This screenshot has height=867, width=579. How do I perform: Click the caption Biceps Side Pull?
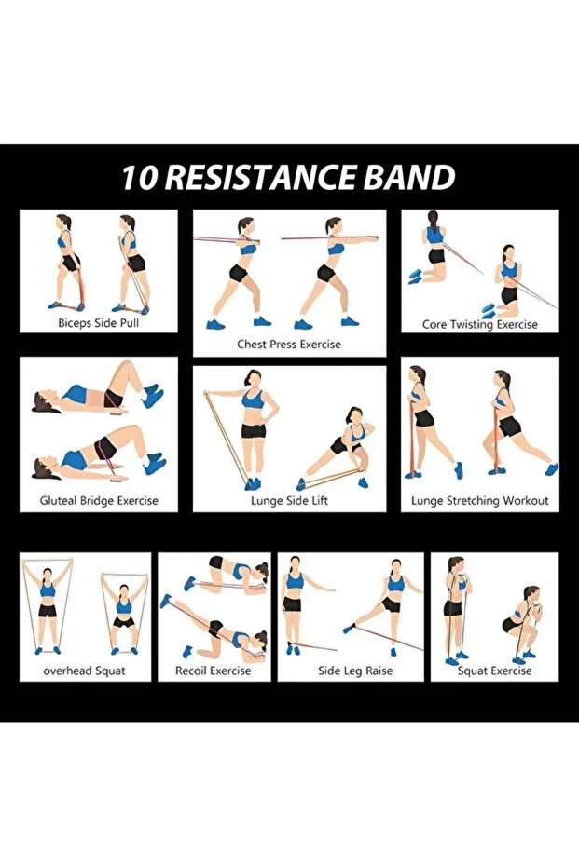click(x=99, y=323)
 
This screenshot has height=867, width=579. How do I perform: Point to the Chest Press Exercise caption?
click(x=289, y=345)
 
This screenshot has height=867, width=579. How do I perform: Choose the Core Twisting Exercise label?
click(x=480, y=325)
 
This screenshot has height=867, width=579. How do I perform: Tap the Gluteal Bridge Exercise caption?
click(x=99, y=501)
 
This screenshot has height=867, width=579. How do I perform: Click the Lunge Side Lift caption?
click(x=289, y=501)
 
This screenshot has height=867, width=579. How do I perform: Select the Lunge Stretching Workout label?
click(x=480, y=501)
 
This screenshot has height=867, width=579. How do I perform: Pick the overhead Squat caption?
click(x=85, y=671)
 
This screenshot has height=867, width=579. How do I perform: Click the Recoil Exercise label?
click(x=214, y=671)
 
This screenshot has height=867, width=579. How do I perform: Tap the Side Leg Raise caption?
click(x=355, y=671)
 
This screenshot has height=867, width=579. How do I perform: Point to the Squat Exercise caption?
click(x=494, y=671)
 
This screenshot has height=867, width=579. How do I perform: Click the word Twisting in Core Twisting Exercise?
click(x=472, y=325)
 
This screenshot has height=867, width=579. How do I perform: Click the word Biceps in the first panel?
click(x=75, y=323)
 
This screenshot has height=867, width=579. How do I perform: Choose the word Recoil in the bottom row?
click(x=191, y=671)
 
